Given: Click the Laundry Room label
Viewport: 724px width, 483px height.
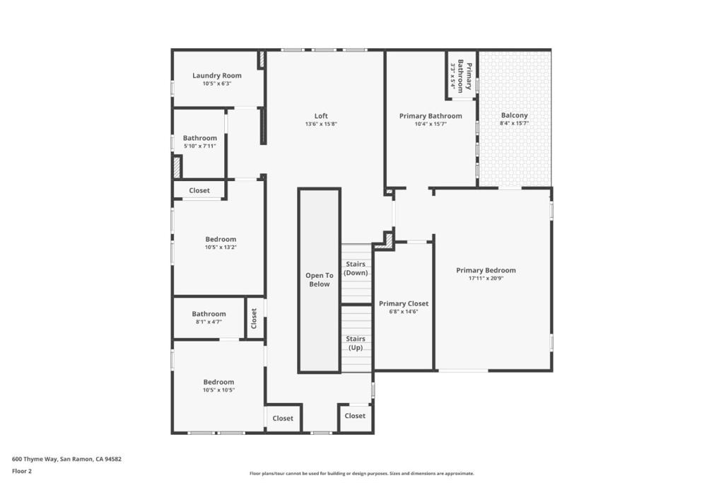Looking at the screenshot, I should click(217, 76).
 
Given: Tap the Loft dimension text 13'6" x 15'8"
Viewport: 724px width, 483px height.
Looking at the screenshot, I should click(321, 124).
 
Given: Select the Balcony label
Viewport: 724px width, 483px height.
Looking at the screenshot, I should click(514, 115).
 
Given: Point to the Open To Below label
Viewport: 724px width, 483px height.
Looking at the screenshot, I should click(319, 280).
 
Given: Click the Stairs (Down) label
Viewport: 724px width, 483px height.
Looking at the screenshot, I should click(356, 268).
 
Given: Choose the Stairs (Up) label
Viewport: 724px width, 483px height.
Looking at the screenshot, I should click(355, 343).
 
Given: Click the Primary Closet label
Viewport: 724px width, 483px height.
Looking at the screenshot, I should click(404, 303).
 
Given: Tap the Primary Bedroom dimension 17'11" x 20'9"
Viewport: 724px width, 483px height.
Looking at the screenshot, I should click(486, 279).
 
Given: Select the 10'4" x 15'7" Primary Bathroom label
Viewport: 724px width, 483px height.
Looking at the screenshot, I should click(431, 116).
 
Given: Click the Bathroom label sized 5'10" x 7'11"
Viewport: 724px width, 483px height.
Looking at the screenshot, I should click(200, 138).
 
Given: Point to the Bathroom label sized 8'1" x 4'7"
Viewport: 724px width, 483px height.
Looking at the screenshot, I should click(209, 314).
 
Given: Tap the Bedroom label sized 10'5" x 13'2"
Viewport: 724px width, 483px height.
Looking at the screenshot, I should click(221, 239).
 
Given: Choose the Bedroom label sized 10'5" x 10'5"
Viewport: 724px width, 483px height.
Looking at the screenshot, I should click(218, 382).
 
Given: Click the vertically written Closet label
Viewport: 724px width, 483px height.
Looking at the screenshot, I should click(255, 318).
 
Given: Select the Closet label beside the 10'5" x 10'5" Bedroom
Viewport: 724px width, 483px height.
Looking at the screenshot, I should click(283, 418).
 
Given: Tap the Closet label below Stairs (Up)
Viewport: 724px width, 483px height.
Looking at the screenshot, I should click(355, 416).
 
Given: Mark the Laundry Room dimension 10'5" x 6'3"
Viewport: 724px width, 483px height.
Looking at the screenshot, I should click(217, 83).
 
